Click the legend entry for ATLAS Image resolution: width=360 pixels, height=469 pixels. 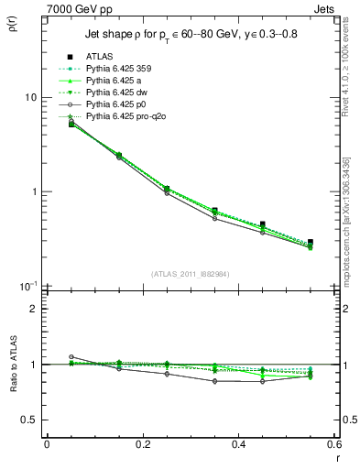[100, 57]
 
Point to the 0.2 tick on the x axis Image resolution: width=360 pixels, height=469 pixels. [142, 444]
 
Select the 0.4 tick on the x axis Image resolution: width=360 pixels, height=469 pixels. [238, 444]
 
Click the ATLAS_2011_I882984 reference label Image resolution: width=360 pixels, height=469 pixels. [191, 274]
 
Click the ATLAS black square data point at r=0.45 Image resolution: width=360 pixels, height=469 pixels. [262, 224]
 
